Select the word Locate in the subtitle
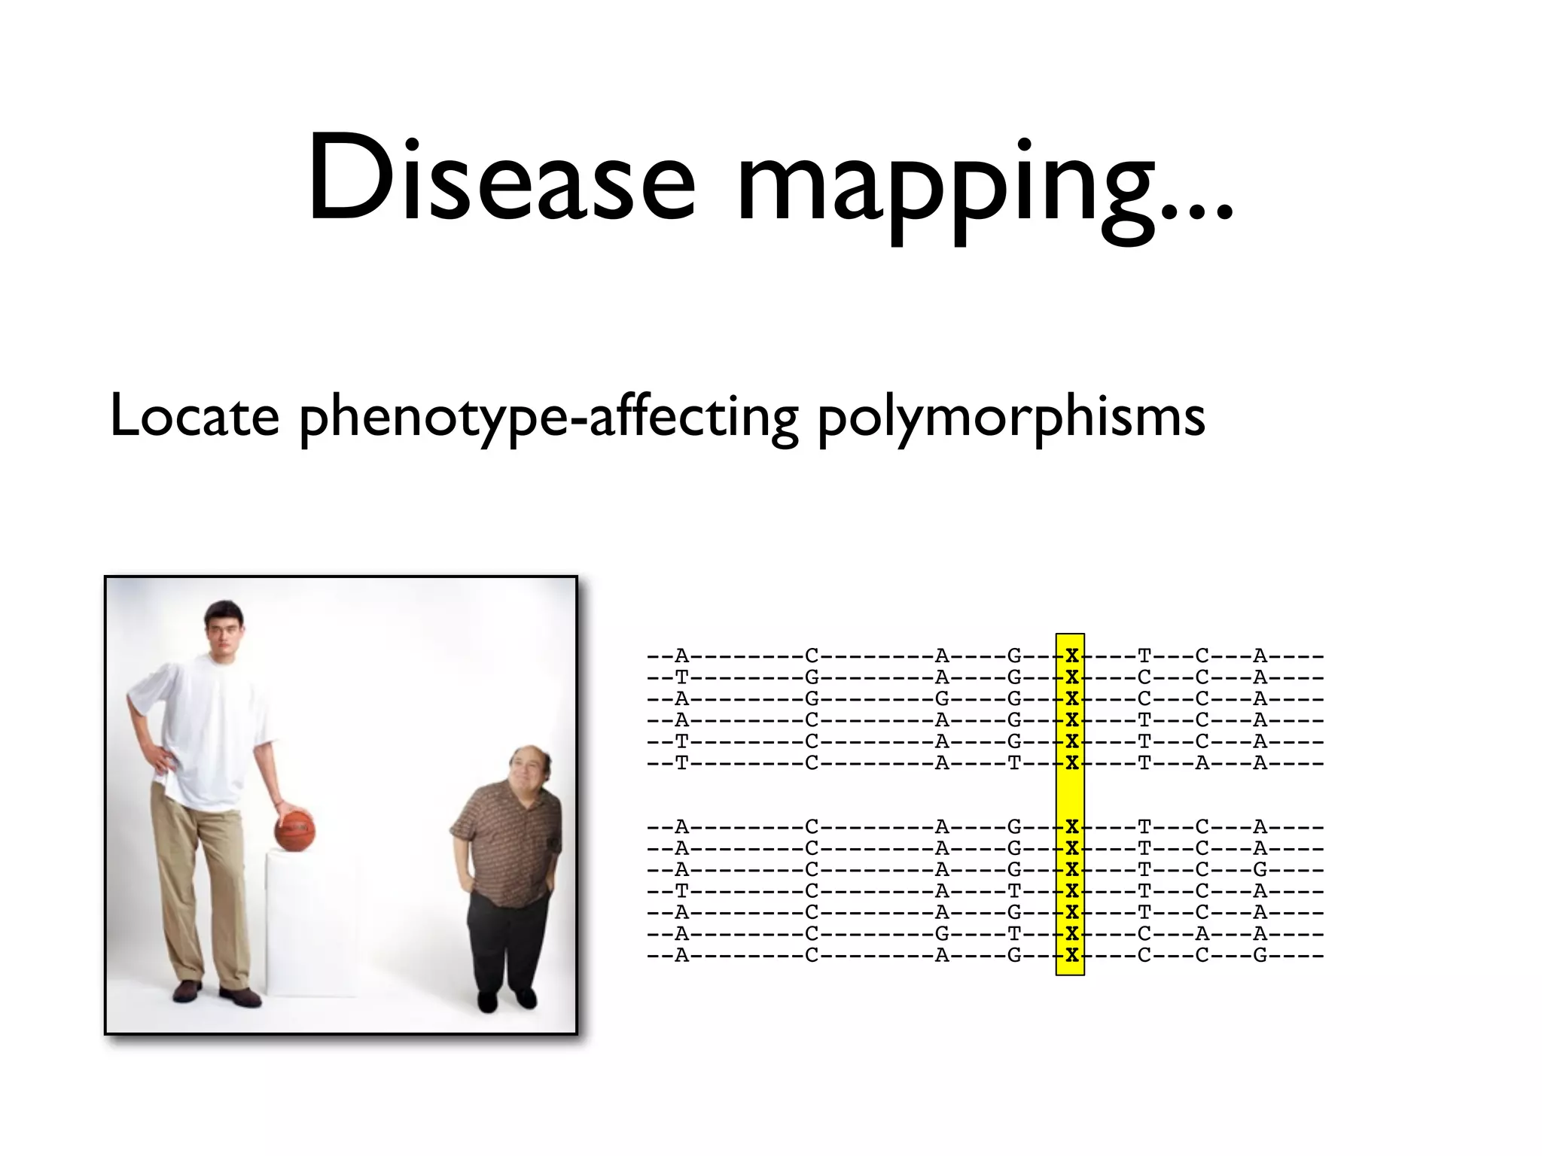click(194, 415)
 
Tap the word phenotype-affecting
click(548, 418)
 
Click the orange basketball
click(294, 829)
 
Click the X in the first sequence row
click(1071, 656)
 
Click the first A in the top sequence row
click(681, 656)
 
